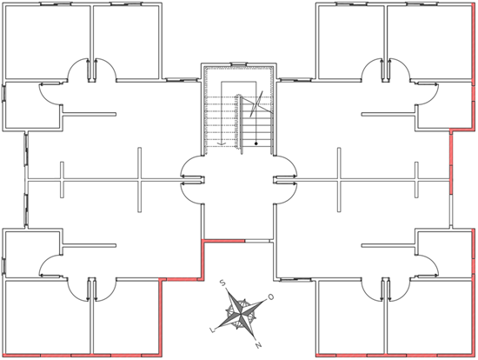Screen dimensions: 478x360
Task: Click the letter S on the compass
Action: tap(222, 283)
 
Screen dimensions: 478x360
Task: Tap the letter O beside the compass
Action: tap(270, 297)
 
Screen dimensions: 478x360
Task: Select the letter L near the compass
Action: tap(212, 330)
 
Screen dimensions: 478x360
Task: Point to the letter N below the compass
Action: tap(258, 345)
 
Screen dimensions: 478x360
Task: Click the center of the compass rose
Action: tap(241, 313)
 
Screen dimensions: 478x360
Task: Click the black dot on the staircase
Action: tap(256, 143)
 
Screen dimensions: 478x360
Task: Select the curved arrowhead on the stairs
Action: tap(221, 143)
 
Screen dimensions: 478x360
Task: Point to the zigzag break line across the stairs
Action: tap(256, 104)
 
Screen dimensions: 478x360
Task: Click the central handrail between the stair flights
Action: tap(239, 123)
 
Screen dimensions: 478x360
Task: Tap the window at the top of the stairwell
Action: tap(238, 64)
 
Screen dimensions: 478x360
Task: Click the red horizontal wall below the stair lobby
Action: tap(224, 241)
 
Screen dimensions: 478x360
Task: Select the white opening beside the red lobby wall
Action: tap(257, 241)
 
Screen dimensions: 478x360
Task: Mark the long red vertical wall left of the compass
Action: tap(161, 317)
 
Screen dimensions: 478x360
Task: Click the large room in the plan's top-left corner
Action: tap(48, 42)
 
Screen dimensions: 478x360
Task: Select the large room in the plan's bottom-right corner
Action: tap(429, 317)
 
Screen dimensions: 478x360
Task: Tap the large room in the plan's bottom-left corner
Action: tap(48, 317)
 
